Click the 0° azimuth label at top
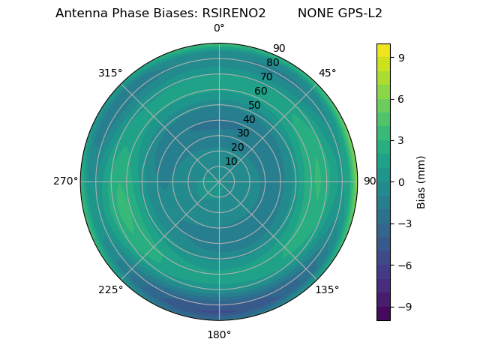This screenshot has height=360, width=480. [219, 28]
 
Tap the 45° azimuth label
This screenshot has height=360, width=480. [327, 73]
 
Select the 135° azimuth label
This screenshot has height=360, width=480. [327, 289]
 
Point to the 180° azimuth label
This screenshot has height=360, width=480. [219, 334]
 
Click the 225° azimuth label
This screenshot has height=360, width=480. [110, 289]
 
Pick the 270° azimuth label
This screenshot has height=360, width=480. [65, 181]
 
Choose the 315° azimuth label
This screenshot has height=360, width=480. [110, 73]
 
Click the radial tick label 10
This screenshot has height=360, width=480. [231, 161]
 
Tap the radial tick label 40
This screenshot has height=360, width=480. [249, 119]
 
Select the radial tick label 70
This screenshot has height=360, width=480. [266, 77]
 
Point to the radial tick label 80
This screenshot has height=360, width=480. [272, 63]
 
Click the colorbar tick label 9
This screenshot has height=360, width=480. [402, 57]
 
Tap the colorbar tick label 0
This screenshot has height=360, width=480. [402, 182]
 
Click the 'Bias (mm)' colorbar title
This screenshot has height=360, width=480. [421, 182]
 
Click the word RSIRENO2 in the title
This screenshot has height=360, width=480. [234, 13]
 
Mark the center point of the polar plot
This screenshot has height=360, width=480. [219, 181]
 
